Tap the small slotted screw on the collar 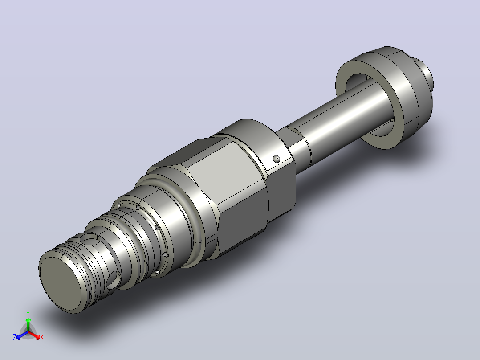(x=277, y=159)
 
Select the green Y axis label (x=28, y=313)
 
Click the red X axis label (x=42, y=337)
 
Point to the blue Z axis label (x=15, y=337)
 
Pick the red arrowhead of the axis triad (x=37, y=336)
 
